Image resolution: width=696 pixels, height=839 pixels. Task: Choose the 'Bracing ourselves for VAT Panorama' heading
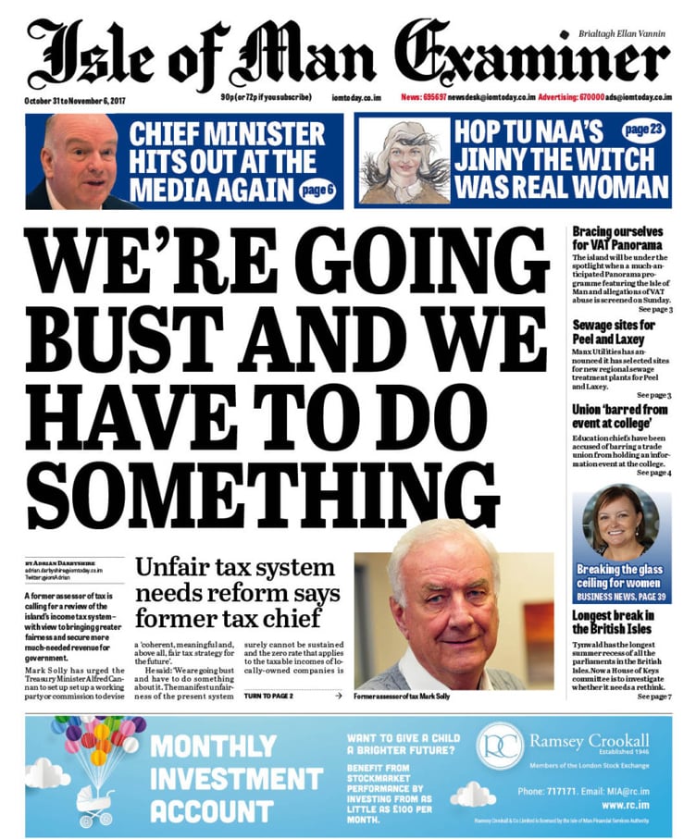click(x=617, y=238)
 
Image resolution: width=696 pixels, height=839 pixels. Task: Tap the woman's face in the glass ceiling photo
click(x=616, y=524)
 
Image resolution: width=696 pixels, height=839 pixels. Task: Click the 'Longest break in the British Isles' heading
click(x=617, y=621)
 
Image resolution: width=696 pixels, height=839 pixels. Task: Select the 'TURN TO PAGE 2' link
click(x=268, y=695)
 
